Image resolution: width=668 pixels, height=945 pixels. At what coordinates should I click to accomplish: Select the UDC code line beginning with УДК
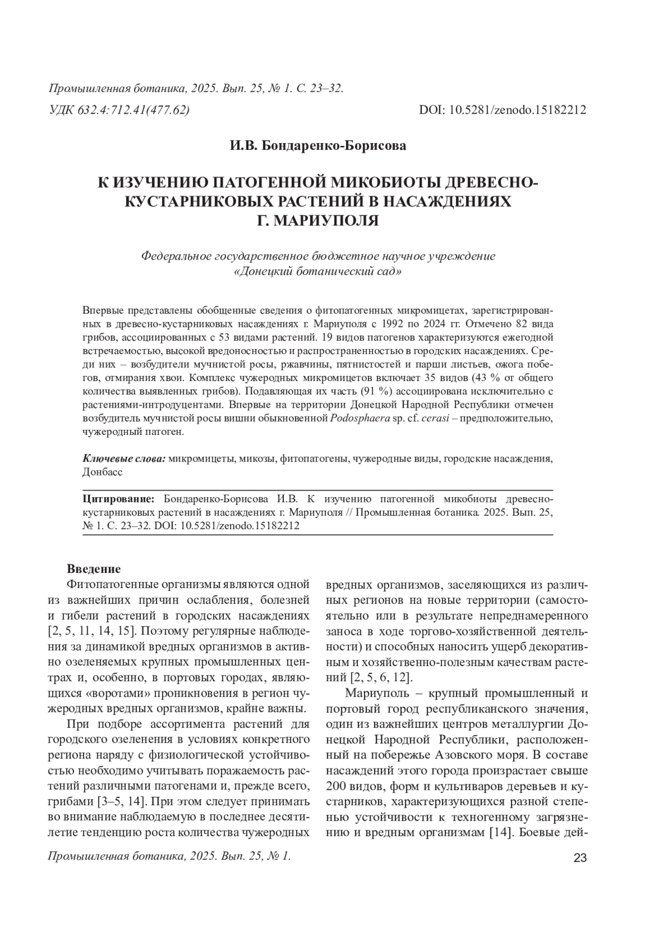click(120, 110)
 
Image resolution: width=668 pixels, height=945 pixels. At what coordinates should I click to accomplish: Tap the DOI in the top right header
click(502, 110)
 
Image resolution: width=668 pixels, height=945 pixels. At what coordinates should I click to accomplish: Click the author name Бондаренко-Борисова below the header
click(318, 146)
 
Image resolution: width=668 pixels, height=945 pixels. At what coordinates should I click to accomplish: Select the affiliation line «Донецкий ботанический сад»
click(317, 272)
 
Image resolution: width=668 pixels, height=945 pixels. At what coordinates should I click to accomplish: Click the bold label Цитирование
click(118, 497)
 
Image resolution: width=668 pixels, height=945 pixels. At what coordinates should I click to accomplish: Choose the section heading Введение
click(94, 569)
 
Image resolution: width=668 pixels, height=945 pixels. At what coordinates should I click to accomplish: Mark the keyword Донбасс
click(102, 471)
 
